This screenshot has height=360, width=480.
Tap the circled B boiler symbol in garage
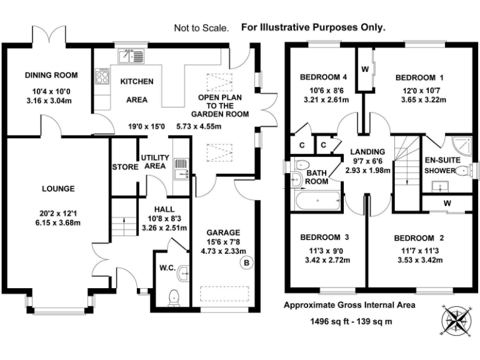click(246, 264)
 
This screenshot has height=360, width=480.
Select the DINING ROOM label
click(51, 76)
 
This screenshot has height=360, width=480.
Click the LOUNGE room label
click(58, 188)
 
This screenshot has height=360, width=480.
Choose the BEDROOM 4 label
click(323, 78)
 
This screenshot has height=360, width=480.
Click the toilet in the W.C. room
click(174, 297)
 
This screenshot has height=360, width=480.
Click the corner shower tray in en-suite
click(462, 146)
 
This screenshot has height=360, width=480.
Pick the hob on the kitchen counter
click(100, 77)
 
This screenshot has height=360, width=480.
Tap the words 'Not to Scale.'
click(202, 28)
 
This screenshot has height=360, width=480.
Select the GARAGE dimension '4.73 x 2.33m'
click(224, 251)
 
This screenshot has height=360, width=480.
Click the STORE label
click(125, 167)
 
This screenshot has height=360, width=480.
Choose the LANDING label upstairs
click(367, 152)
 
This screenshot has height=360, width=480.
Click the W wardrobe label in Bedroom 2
click(447, 203)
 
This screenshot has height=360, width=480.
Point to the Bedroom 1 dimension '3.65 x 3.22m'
click(419, 99)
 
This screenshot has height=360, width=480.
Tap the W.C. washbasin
click(183, 272)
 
